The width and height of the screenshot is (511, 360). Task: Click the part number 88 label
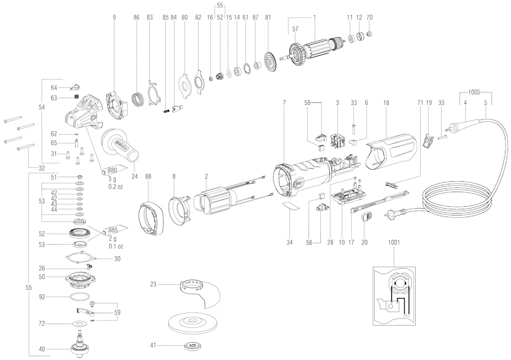149,176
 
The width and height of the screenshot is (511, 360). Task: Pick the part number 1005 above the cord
474,92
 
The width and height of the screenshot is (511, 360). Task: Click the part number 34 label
290,243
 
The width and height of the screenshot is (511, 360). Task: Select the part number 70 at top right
370,17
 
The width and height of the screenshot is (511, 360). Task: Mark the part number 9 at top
114,17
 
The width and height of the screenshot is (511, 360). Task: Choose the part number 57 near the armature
295,29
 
